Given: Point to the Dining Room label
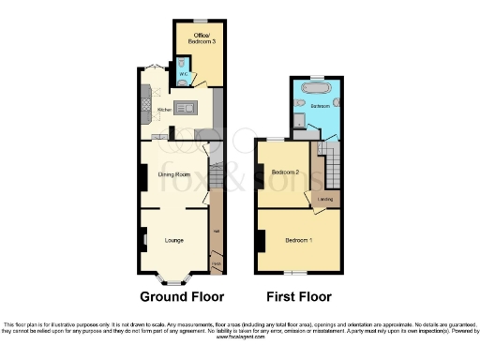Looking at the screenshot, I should click(x=174, y=175).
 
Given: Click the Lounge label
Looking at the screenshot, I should click(x=173, y=241).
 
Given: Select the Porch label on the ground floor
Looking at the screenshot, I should click(x=216, y=265).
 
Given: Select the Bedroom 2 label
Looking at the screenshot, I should click(x=285, y=172).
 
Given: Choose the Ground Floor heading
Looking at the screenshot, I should click(x=182, y=297).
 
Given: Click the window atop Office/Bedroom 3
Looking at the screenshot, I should click(x=199, y=21).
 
